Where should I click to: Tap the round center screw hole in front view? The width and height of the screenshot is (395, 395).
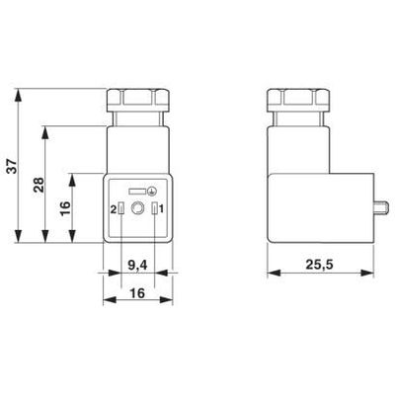click(137, 208)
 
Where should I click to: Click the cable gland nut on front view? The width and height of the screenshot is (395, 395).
click(137, 101)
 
